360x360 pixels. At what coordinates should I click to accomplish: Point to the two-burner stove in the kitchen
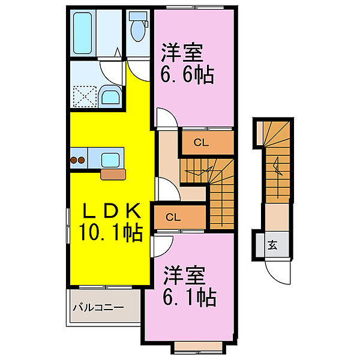tap(78, 160)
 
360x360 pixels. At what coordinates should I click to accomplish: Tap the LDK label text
tap(111, 211)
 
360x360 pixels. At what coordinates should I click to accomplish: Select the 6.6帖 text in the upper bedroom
tap(187, 76)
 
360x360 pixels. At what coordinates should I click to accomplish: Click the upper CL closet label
tap(202, 143)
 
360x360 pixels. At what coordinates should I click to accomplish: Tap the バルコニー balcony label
tap(98, 308)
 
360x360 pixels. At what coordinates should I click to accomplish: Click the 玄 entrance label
tap(272, 244)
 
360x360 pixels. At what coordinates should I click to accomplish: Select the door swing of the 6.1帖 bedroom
tap(161, 246)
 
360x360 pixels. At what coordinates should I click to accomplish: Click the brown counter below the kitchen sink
tap(113, 174)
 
